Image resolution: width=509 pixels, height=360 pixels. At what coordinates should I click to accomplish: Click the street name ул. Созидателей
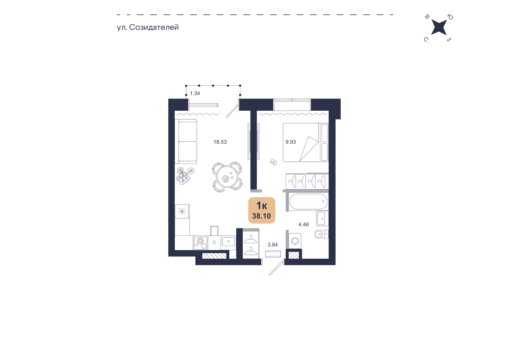pyautogui.click(x=148, y=27)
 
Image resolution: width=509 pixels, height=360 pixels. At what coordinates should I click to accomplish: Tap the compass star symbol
pyautogui.click(x=439, y=28)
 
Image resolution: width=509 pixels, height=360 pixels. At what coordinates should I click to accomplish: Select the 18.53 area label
pyautogui.click(x=220, y=142)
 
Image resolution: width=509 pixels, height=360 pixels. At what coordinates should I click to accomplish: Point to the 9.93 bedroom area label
pyautogui.click(x=291, y=142)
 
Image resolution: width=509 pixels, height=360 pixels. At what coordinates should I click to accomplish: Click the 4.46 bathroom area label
pyautogui.click(x=304, y=225)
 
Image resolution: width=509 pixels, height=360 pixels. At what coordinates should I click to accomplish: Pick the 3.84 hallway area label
pyautogui.click(x=273, y=245)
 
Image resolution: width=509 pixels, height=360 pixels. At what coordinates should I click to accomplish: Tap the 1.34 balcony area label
pyautogui.click(x=195, y=93)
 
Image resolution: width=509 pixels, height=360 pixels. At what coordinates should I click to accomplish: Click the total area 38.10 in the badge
pyautogui.click(x=262, y=216)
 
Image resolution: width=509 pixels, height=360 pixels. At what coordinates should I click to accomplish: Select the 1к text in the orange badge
pyautogui.click(x=262, y=205)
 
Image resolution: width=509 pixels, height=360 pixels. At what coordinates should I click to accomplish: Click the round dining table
pyautogui.click(x=227, y=176)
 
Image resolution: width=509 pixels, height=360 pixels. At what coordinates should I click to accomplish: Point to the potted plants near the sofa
pyautogui.click(x=184, y=176)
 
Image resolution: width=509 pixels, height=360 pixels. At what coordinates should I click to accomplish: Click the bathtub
pyautogui.click(x=308, y=201)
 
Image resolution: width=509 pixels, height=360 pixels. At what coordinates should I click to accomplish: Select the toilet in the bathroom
pyautogui.click(x=321, y=234)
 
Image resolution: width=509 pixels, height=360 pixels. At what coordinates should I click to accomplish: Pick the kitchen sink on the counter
pyautogui.click(x=229, y=242)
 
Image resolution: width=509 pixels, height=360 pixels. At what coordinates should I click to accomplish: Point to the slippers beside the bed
pyautogui.click(x=273, y=162)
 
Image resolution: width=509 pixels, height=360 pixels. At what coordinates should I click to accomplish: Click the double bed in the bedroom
pyautogui.click(x=305, y=142)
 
